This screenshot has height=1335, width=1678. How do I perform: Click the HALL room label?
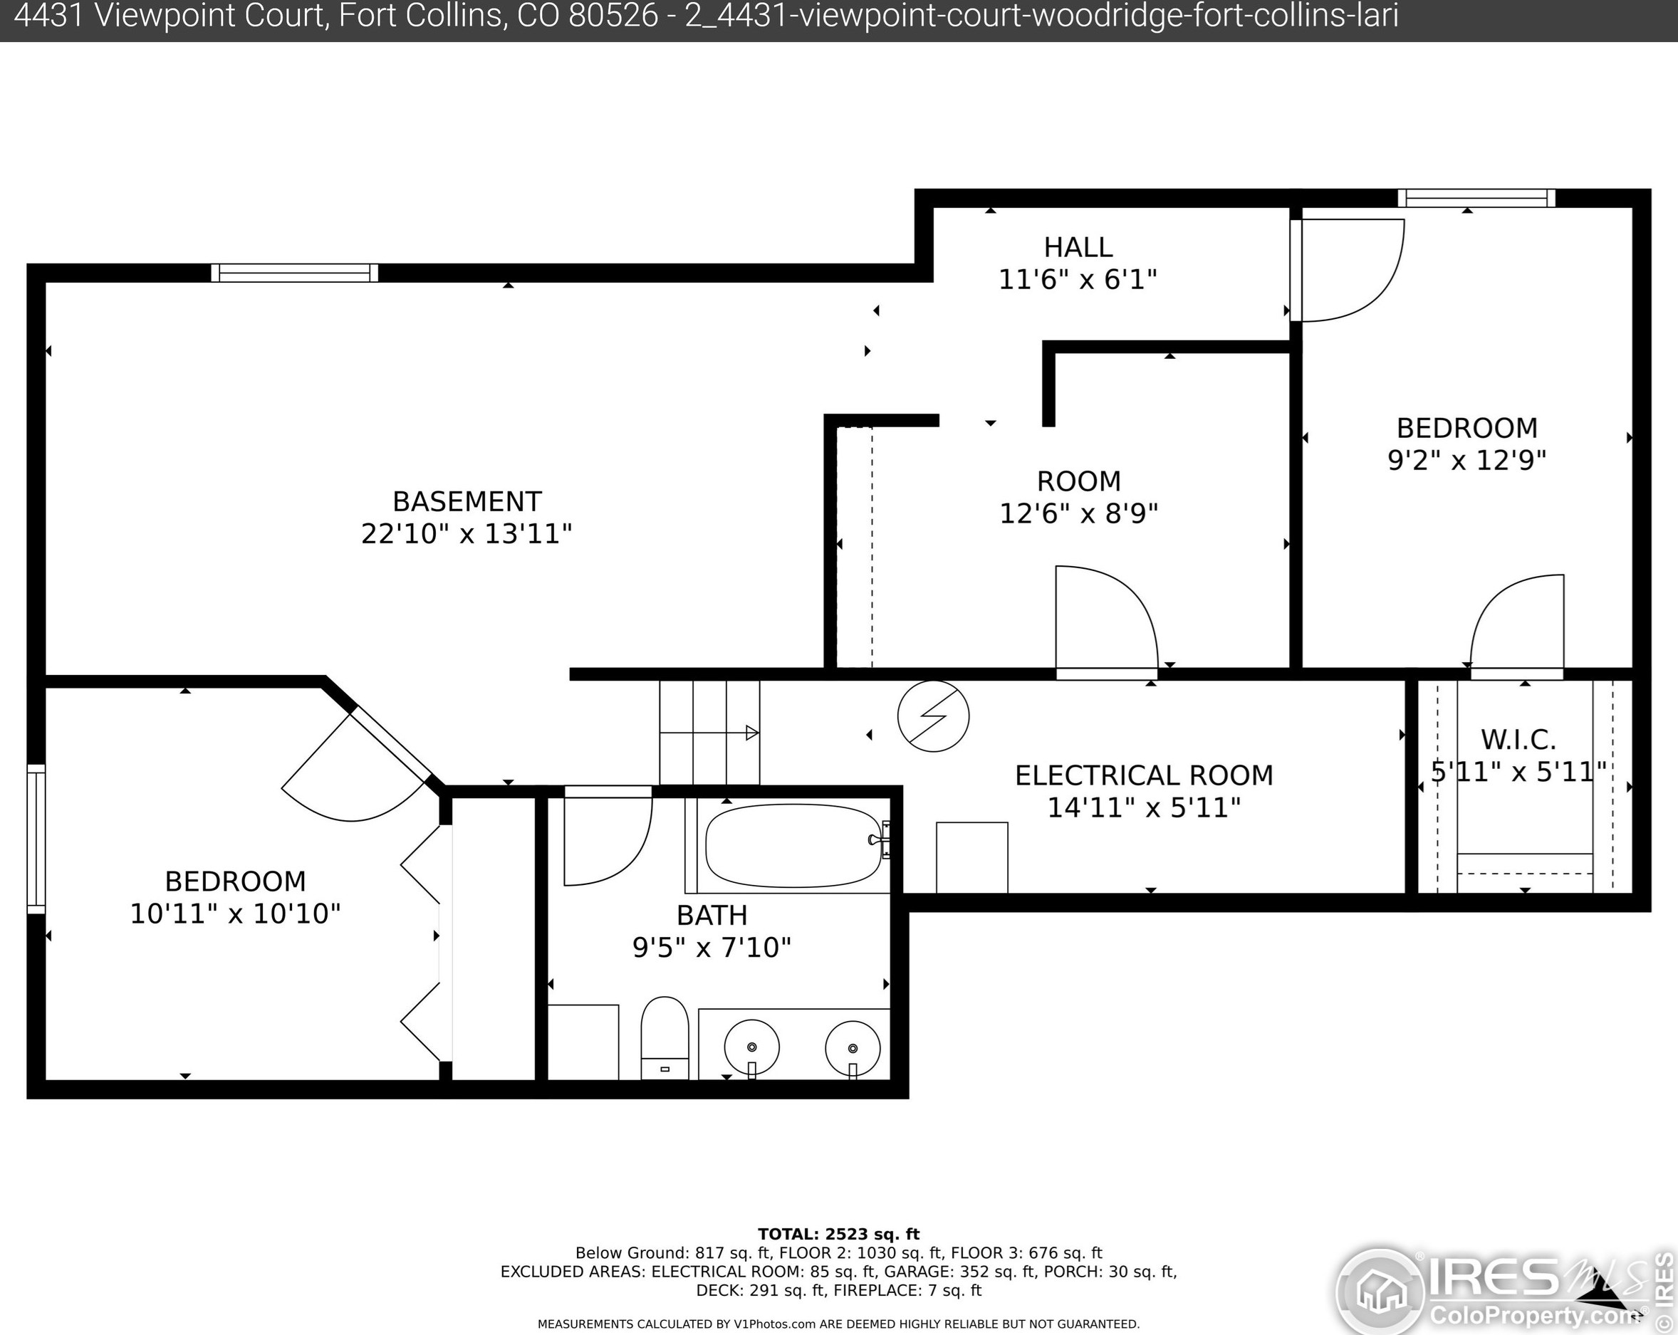click(x=1078, y=247)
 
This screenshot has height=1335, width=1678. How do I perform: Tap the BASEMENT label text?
click(x=467, y=501)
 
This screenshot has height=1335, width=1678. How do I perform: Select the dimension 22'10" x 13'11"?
click(x=467, y=534)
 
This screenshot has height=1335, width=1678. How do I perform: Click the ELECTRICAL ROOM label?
click(x=1144, y=775)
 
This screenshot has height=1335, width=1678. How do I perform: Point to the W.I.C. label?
click(x=1518, y=738)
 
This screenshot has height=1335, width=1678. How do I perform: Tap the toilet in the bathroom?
click(x=665, y=1038)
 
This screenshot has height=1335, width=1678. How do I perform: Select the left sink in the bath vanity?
click(x=751, y=1047)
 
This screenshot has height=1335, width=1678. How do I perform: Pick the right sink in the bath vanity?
click(x=853, y=1048)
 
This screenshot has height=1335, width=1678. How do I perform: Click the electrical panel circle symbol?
click(x=933, y=716)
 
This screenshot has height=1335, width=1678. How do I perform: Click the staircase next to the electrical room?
click(x=709, y=733)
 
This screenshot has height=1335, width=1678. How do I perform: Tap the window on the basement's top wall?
click(x=294, y=273)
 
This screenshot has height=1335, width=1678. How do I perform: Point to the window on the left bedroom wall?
click(x=36, y=839)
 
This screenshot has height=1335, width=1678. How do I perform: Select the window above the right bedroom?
click(x=1476, y=198)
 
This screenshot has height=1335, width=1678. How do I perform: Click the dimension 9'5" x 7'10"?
click(x=712, y=948)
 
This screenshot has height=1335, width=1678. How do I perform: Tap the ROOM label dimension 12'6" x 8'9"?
click(x=1079, y=513)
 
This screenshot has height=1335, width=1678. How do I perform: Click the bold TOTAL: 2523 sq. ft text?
click(x=839, y=1234)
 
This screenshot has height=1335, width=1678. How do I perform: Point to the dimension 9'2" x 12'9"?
click(x=1467, y=460)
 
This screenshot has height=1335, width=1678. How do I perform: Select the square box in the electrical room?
click(x=972, y=857)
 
